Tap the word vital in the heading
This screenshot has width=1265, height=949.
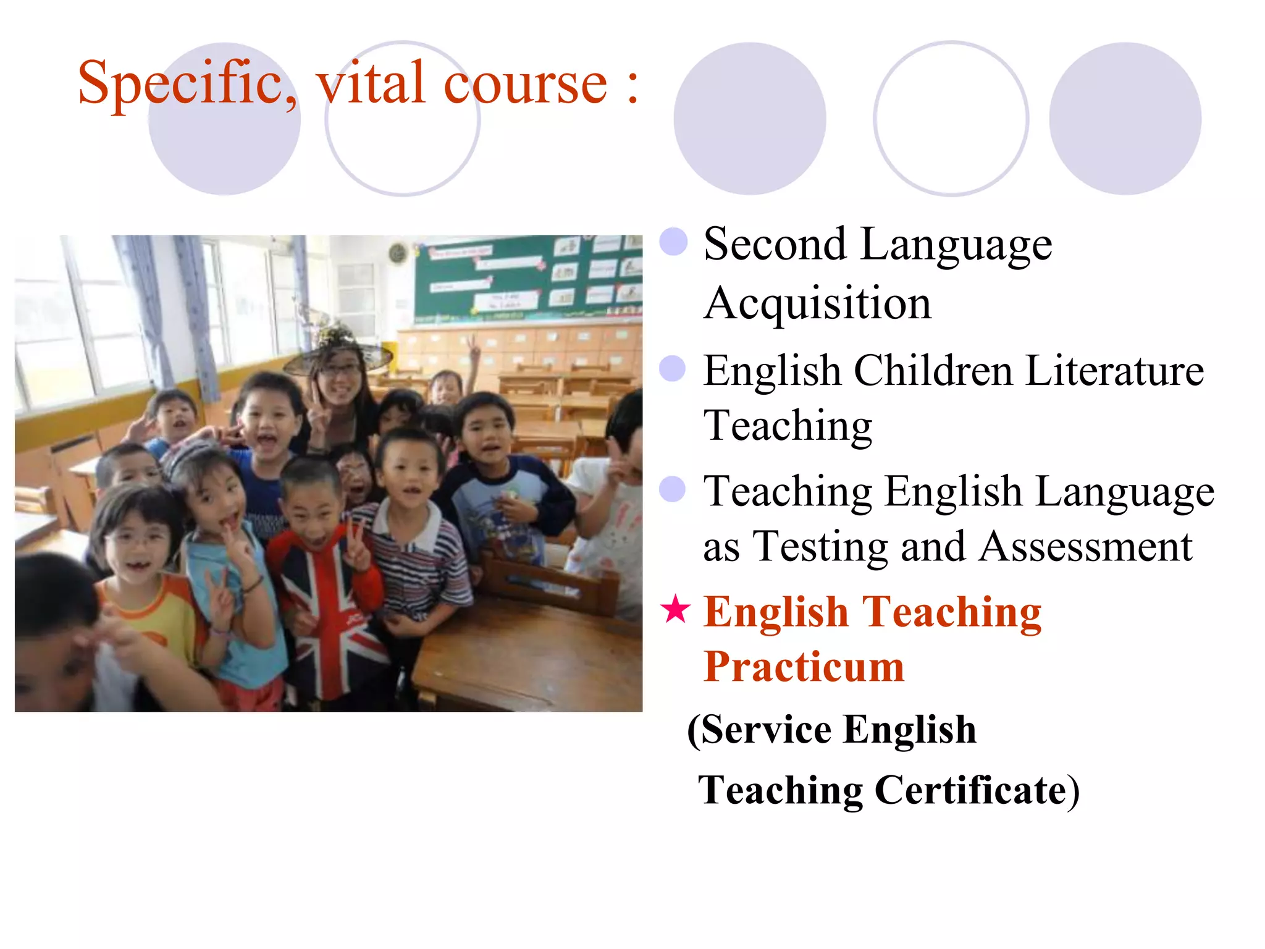coord(371,83)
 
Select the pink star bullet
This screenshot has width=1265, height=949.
coord(675,609)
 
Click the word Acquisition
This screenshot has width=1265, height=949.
coord(817,304)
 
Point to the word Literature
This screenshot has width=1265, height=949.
coord(1115,371)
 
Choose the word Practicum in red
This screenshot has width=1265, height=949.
coord(804,667)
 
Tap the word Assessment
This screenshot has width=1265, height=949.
coord(1086,547)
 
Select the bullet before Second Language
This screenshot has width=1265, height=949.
coord(673,242)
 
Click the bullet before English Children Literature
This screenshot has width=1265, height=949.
coord(673,369)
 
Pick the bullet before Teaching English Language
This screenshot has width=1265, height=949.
coord(673,489)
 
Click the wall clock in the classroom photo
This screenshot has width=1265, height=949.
coord(397,252)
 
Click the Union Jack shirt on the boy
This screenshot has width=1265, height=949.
coord(327,612)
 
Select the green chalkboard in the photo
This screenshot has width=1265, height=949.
coord(525,278)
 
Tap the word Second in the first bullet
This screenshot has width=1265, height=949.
coord(775,245)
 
